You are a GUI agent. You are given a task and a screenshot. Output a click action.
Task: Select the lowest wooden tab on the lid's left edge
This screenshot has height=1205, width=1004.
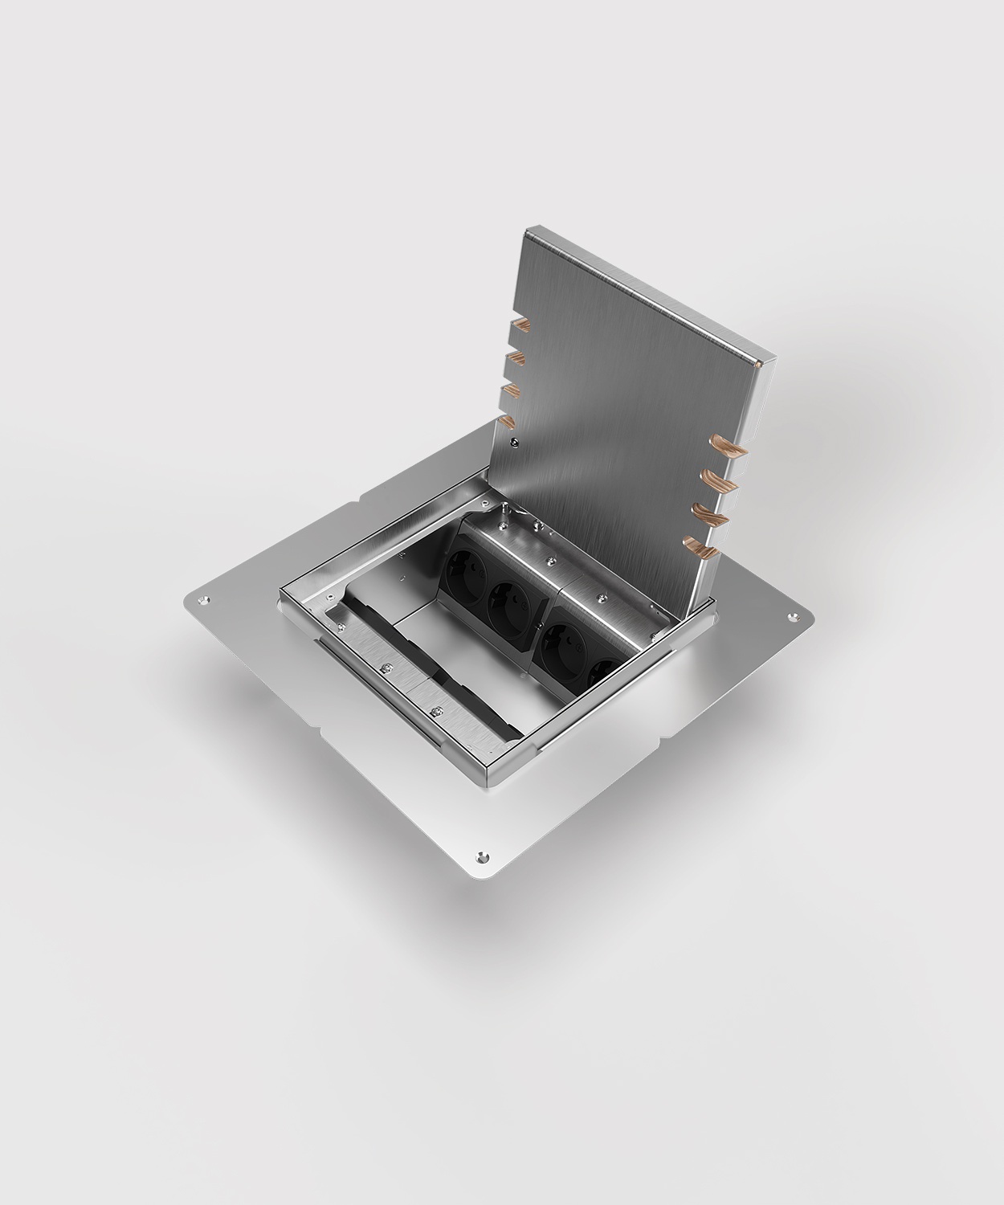tap(508, 422)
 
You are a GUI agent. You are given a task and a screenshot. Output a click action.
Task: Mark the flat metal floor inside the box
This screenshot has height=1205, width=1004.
tap(450, 659)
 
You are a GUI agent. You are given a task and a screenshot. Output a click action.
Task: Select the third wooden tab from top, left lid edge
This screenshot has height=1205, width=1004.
tap(512, 390)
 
